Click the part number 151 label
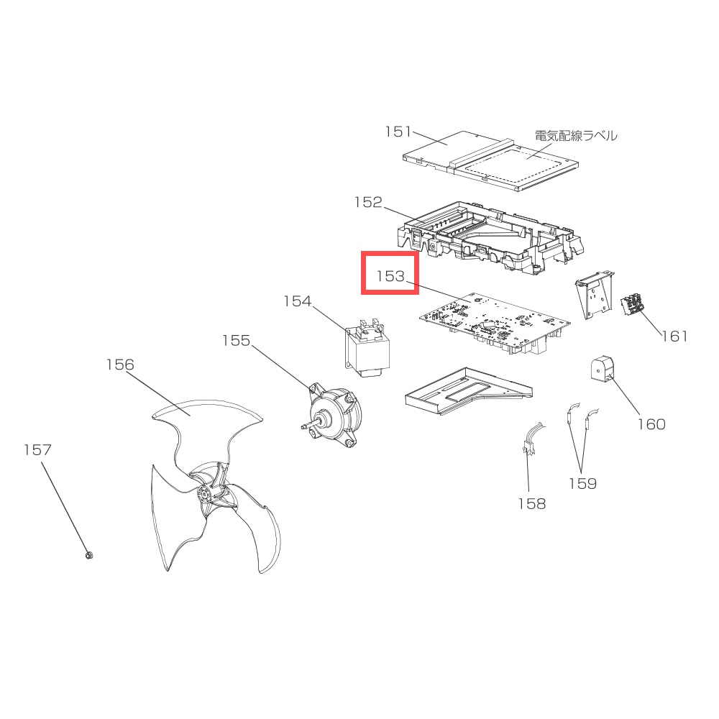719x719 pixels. pos(398,132)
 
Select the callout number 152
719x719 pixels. pos(368,202)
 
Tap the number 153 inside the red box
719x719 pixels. pos(390,276)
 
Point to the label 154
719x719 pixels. pos(298,301)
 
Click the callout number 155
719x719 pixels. pos(236,341)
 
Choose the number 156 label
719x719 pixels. pos(120,365)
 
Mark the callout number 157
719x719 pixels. pos(37,450)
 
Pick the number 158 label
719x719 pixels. pos(532,504)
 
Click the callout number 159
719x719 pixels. pos(583,484)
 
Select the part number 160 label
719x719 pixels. pos(651,424)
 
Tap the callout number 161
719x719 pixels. pos(674,336)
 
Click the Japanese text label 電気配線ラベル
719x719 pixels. pos(576,136)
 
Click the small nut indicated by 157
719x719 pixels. pos(89,555)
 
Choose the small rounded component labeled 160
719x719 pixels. pos(602,368)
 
